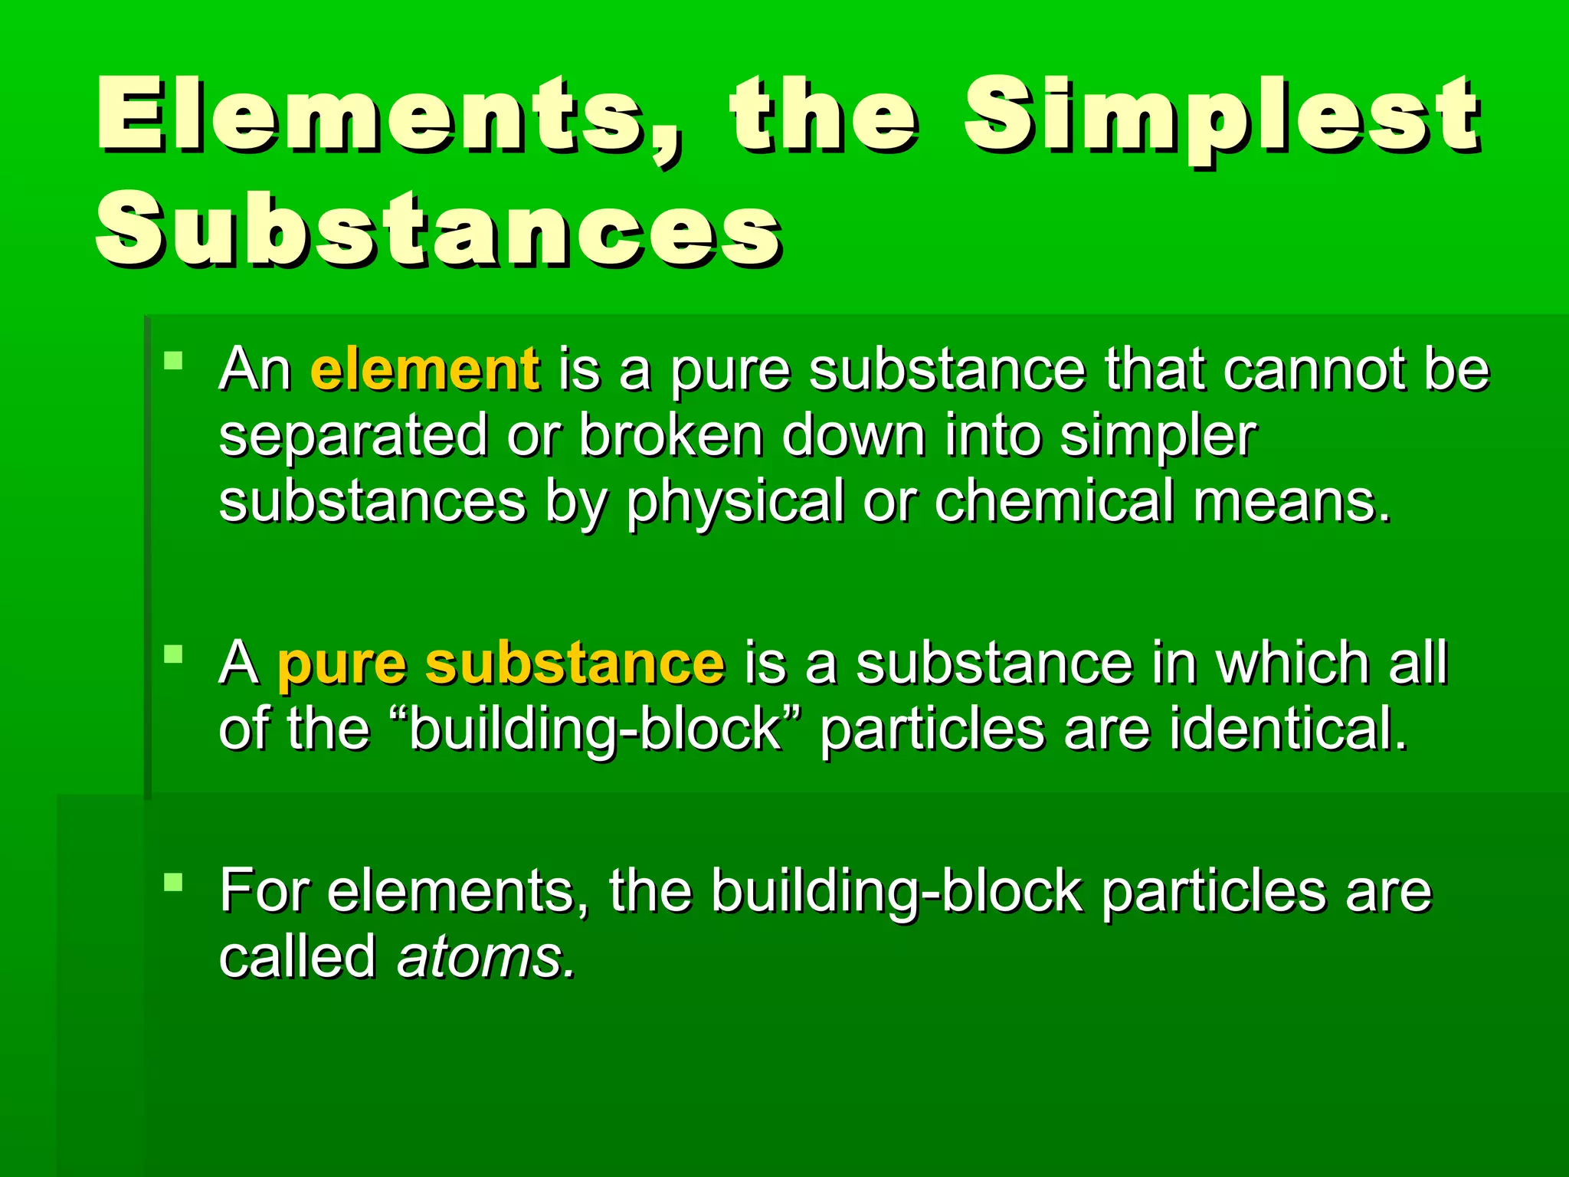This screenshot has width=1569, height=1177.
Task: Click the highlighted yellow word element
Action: tap(425, 369)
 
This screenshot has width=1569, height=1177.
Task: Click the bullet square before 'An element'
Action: tap(174, 359)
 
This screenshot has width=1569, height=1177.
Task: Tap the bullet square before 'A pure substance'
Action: tap(174, 654)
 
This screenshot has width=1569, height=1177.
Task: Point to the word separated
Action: tap(352, 435)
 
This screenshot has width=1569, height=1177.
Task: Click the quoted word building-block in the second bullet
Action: tap(595, 729)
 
